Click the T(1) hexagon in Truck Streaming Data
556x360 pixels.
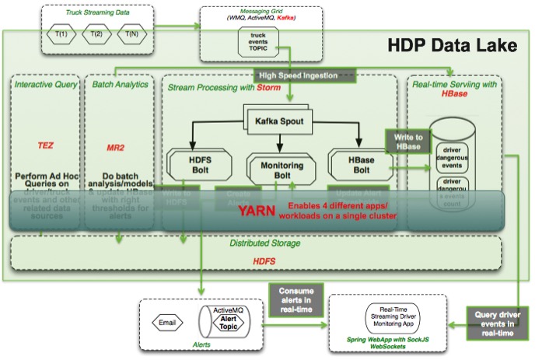[x=60, y=33]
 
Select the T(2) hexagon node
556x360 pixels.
[x=96, y=33]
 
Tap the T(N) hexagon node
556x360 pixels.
[x=132, y=33]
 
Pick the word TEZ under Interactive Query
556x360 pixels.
[x=45, y=145]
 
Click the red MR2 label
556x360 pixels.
[x=116, y=146]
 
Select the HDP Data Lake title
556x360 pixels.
[x=452, y=45]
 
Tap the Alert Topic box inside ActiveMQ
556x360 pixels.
[x=228, y=323]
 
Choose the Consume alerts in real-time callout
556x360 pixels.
[x=290, y=299]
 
